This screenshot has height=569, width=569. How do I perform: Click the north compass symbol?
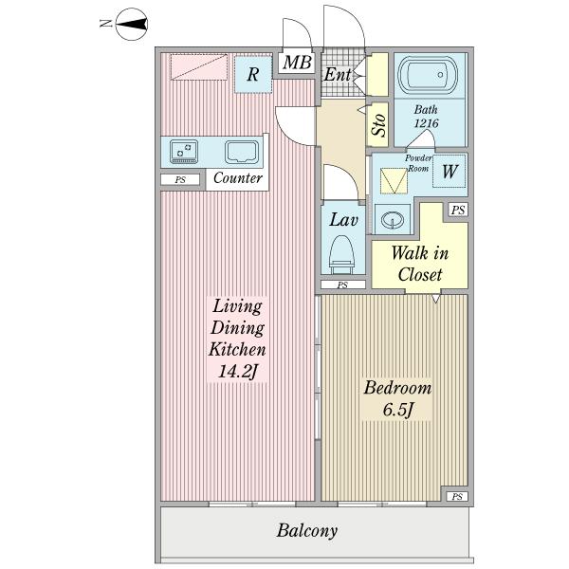coord(132,24)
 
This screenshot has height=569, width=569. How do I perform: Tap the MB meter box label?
coord(297,63)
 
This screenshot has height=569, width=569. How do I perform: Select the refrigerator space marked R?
coord(253,74)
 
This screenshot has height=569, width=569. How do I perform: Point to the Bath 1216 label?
coord(426,117)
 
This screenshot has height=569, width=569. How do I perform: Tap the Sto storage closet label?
coord(378,125)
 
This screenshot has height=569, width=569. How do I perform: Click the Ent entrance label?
coord(338,75)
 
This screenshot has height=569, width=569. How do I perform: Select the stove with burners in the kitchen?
coord(184,152)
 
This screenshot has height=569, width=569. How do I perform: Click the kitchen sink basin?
coord(242,152)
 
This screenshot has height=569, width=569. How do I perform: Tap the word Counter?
coord(238,178)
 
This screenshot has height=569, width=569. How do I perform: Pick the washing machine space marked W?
coord(450,171)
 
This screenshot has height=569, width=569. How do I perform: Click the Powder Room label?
coord(418,163)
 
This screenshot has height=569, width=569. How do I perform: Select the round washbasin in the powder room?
coord(393,220)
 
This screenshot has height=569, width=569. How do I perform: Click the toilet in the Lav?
coord(341,254)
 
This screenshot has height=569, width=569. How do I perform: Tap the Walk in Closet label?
coord(420,264)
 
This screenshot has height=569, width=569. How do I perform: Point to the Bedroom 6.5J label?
coord(397,399)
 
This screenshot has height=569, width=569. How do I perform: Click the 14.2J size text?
coord(238,371)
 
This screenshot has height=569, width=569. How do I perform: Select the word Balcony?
coord(307,531)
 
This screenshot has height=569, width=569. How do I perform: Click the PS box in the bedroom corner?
coord(457,496)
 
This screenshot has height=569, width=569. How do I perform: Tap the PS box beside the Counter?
coord(180,179)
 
